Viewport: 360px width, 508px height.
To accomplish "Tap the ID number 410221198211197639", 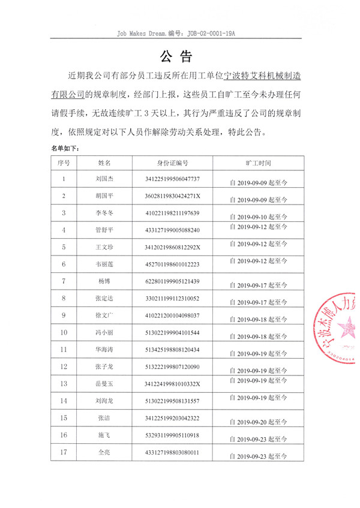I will point(172,213).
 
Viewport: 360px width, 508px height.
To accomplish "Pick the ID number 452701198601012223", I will point(172,264).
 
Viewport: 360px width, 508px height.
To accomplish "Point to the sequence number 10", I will point(64,332).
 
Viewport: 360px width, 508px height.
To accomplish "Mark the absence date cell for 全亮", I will point(259,456).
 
